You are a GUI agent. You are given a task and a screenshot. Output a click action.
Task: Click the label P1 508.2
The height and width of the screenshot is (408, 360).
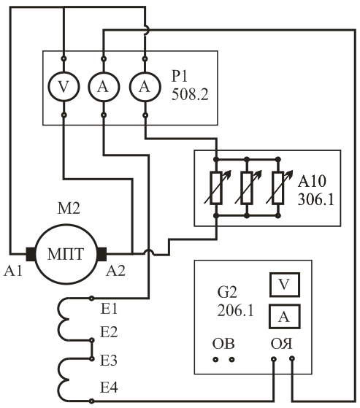point(190,85)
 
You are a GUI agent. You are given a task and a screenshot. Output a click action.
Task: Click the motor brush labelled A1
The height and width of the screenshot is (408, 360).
point(31,254)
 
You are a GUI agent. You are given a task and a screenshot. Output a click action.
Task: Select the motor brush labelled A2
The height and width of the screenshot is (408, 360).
point(102,254)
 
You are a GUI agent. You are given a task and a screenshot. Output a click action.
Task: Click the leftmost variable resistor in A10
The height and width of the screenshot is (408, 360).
point(216,188)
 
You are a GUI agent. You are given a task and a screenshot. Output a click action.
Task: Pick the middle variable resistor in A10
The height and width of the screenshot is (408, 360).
point(247,188)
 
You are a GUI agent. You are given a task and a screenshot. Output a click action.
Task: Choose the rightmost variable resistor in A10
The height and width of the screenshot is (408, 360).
point(278,188)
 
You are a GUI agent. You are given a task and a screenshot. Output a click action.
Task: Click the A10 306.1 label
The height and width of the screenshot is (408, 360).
point(315,190)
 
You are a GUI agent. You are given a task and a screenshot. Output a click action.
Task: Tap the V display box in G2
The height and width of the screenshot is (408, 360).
point(285,285)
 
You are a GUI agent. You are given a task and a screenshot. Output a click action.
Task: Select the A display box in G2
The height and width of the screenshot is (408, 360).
point(285,317)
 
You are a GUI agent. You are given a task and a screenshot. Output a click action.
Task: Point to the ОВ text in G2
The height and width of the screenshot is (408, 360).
point(223,344)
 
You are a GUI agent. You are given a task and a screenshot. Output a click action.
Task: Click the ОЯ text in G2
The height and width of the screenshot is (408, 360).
point(281,344)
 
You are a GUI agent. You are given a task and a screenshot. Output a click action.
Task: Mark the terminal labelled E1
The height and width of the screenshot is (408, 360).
point(91,299)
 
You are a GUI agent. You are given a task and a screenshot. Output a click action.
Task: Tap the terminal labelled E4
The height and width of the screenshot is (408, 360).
point(91,401)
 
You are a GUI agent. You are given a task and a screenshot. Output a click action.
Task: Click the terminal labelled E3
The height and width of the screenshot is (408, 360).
point(91,358)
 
